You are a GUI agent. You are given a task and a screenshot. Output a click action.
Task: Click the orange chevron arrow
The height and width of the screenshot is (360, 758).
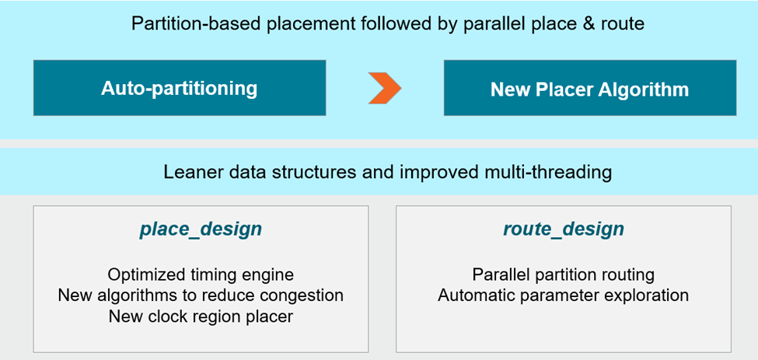[385, 88]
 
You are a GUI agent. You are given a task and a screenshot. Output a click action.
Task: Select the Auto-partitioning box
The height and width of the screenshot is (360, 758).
[179, 88]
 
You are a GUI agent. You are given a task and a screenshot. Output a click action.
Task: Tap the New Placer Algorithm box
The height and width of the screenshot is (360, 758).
[589, 89]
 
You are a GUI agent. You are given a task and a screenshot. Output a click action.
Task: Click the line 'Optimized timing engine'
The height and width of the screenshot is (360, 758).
[201, 274]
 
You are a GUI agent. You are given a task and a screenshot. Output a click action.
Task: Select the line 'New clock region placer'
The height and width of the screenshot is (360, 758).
[201, 316]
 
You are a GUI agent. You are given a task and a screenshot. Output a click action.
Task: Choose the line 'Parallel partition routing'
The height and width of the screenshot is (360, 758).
[563, 274]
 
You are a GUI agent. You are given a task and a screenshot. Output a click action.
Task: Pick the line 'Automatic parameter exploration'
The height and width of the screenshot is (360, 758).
[563, 295]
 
